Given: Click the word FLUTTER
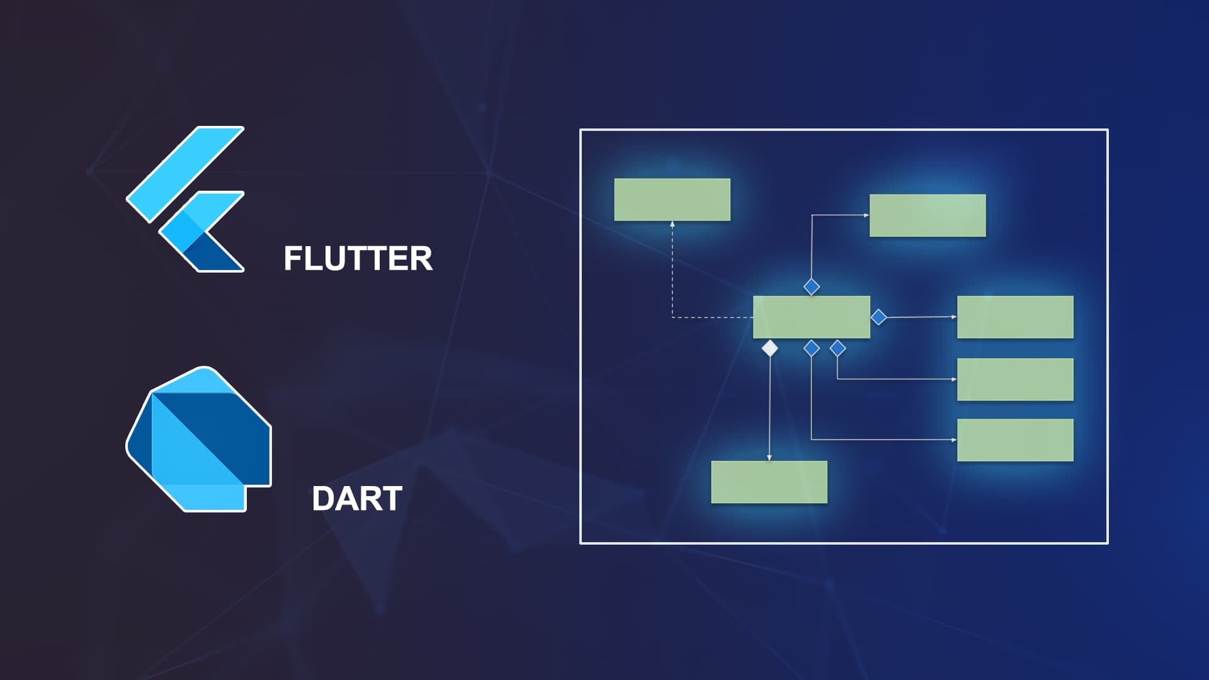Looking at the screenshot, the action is pos(358,258).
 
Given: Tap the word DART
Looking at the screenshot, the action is pos(357,499).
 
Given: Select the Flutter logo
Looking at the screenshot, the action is pos(185,199).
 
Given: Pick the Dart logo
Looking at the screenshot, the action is pos(199,439).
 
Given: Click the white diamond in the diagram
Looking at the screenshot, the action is pos(769,348).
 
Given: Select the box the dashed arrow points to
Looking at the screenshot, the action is pos(672,200).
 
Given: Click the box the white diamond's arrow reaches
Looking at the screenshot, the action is pos(769,482).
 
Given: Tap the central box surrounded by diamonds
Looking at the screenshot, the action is pos(812,317).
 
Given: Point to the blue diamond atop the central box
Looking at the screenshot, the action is pos(812,287).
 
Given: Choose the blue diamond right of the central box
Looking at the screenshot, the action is pos(878,317).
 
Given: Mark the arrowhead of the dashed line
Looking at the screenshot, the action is pos(673,224).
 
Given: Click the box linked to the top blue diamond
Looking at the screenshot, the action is pos(928,215).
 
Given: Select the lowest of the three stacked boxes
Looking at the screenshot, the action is pos(1015,440).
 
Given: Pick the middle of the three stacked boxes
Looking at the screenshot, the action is pos(1015,380).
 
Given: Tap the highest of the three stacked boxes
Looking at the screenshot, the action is pos(1015,317).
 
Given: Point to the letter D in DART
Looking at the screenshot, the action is pos(324,499).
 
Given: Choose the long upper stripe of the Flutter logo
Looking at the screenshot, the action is pos(185,174).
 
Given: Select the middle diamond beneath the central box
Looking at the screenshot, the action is pos(812,348).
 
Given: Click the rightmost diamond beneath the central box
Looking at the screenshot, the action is pos(837,348).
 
